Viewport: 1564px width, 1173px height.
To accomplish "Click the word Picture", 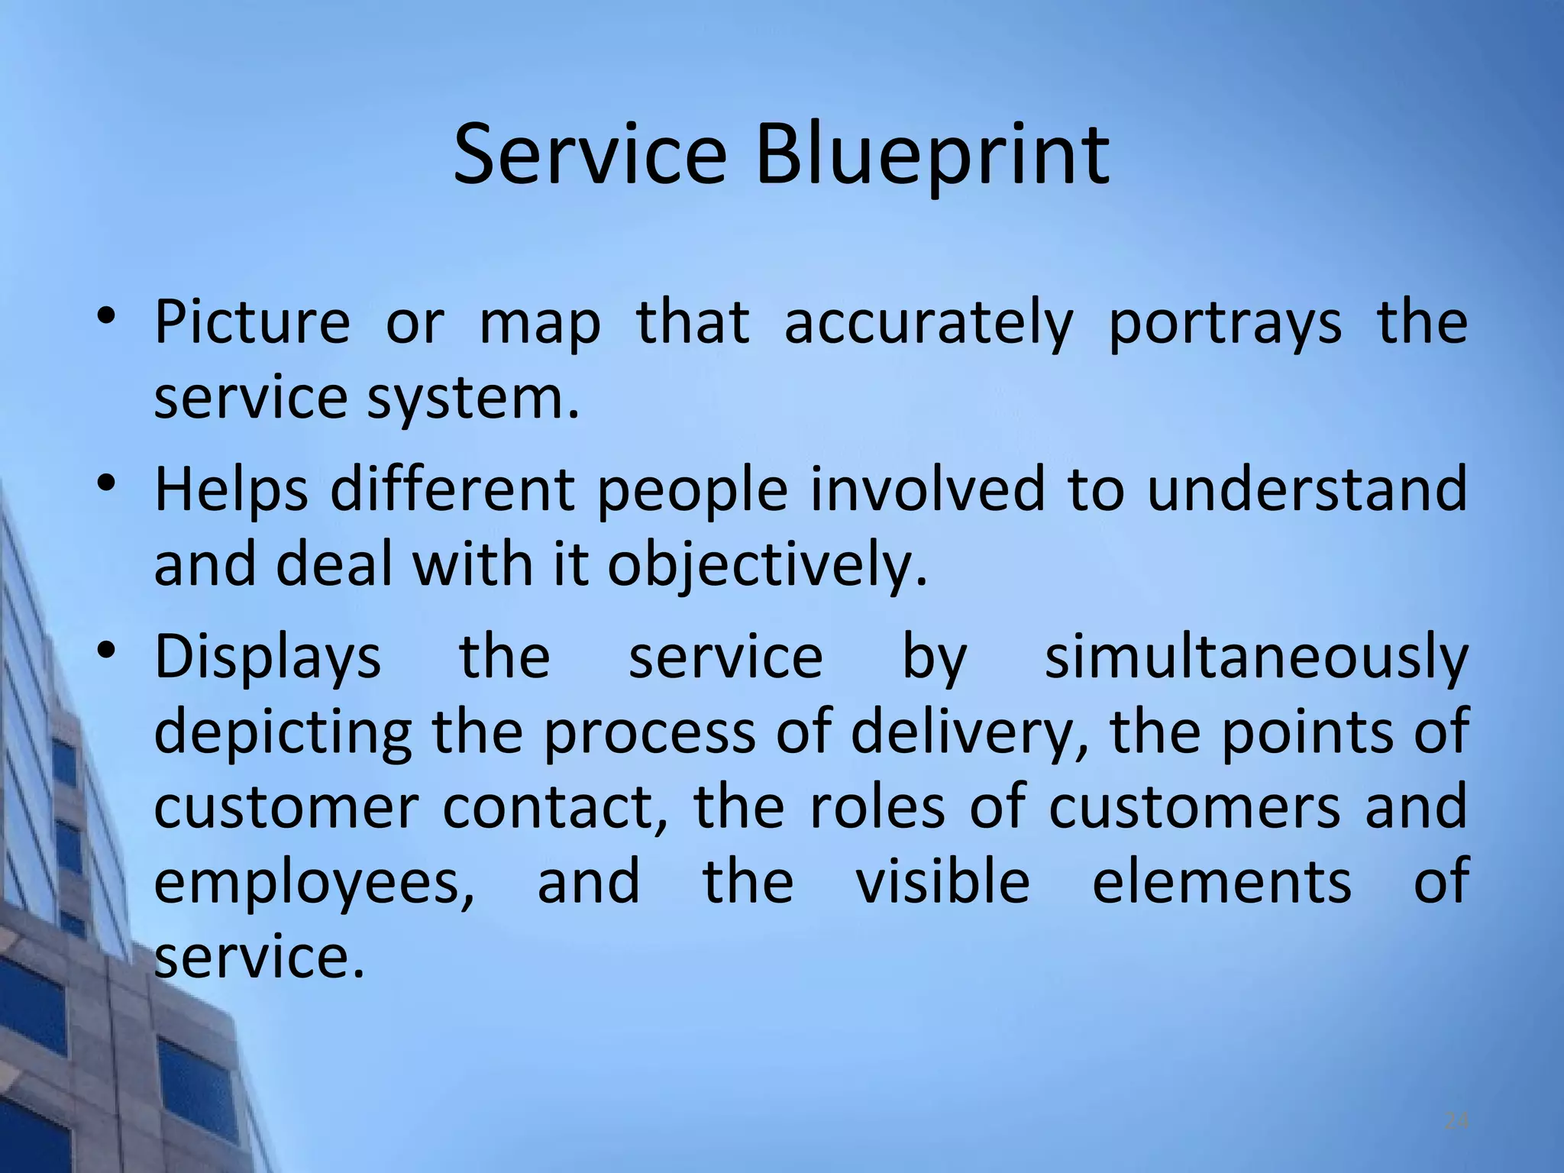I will (252, 322).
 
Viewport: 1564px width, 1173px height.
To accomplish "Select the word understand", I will (1307, 490).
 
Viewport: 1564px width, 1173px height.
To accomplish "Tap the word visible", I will (942, 881).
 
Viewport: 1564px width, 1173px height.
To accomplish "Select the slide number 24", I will (1456, 1122).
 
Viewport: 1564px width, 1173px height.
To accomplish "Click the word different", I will (452, 490).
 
